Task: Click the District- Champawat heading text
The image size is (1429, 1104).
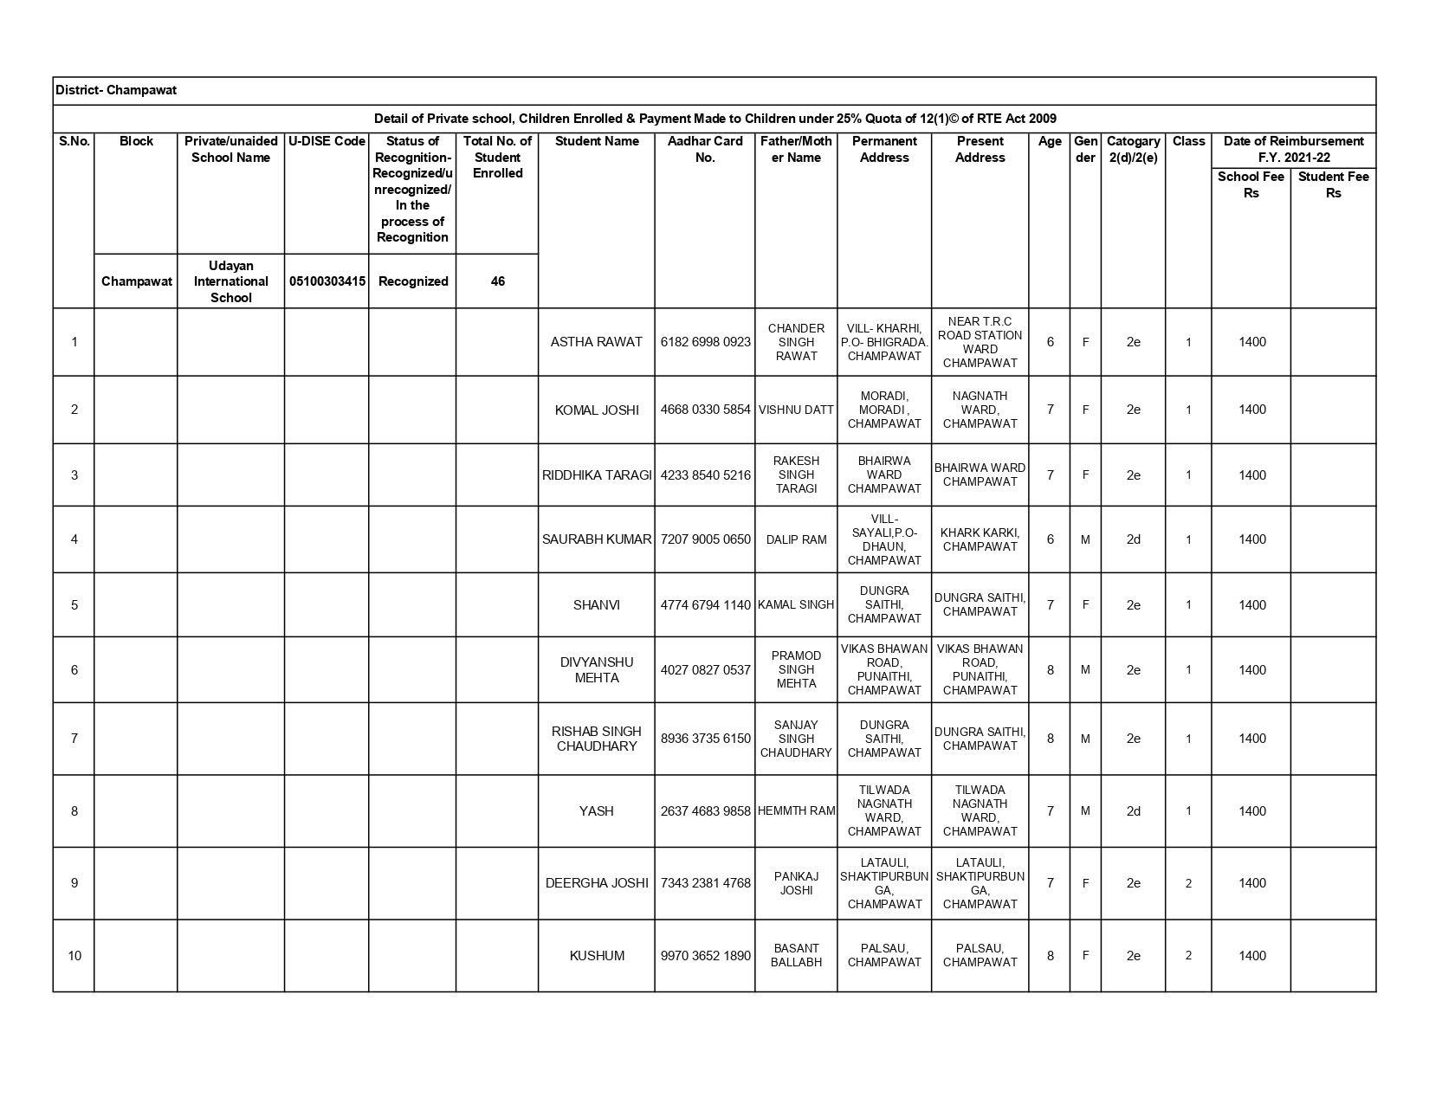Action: click(116, 90)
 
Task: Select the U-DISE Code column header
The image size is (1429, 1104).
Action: click(327, 141)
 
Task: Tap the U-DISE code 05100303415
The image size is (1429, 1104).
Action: click(327, 281)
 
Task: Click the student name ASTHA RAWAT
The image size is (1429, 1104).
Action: click(596, 342)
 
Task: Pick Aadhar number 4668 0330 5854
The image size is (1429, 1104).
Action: click(705, 410)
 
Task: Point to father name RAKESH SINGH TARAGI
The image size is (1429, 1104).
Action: click(796, 475)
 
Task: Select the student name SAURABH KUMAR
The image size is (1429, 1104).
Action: click(596, 539)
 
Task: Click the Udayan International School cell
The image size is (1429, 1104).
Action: click(230, 281)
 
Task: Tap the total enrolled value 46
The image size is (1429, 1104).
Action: click(497, 281)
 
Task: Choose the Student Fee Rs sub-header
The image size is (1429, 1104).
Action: click(1333, 184)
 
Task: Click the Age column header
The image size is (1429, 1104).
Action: click(1050, 141)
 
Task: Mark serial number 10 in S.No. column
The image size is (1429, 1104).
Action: click(74, 956)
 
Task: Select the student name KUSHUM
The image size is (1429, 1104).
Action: click(597, 956)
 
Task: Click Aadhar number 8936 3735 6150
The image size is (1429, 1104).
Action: click(705, 739)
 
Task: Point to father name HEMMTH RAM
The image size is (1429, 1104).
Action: click(796, 811)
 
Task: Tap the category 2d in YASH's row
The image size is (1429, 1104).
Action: click(1133, 811)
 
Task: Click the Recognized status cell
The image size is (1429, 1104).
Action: click(413, 281)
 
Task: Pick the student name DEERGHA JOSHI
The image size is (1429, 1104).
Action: click(597, 883)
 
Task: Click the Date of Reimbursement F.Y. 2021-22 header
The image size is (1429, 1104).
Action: click(1293, 149)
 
